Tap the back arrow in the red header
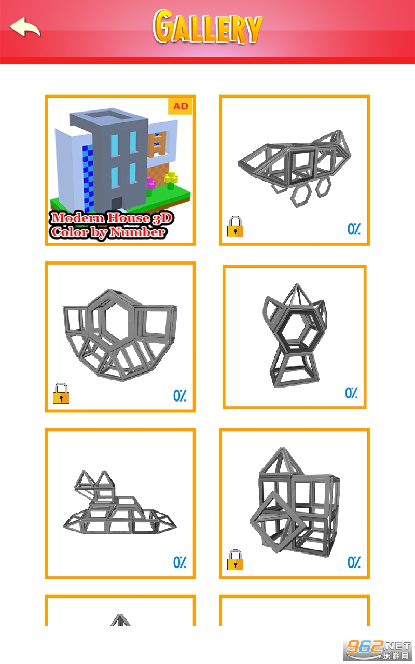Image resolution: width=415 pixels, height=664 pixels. [x=25, y=27]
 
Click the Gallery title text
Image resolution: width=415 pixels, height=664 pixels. [x=208, y=26]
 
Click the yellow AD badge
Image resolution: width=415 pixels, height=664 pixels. [x=180, y=106]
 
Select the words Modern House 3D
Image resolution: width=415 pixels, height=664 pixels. [x=112, y=218]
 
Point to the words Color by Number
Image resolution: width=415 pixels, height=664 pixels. [x=107, y=232]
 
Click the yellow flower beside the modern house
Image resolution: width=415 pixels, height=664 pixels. [x=171, y=179]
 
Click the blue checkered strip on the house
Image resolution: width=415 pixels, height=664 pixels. [x=88, y=178]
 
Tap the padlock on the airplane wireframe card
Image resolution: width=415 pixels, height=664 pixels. [x=235, y=227]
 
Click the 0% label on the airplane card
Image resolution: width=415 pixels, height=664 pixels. [x=354, y=229]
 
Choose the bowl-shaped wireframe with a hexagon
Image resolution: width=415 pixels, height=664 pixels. [x=120, y=335]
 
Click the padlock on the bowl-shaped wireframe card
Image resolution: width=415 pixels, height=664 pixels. [x=61, y=393]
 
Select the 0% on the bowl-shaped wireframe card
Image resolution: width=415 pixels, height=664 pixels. [x=179, y=395]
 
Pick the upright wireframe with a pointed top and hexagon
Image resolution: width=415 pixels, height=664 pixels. [x=295, y=335]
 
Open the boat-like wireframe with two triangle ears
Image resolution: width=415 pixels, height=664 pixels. [x=120, y=503]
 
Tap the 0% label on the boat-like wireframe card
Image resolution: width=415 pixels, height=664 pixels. [x=179, y=562]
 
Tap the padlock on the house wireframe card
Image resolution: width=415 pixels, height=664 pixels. [x=235, y=560]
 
